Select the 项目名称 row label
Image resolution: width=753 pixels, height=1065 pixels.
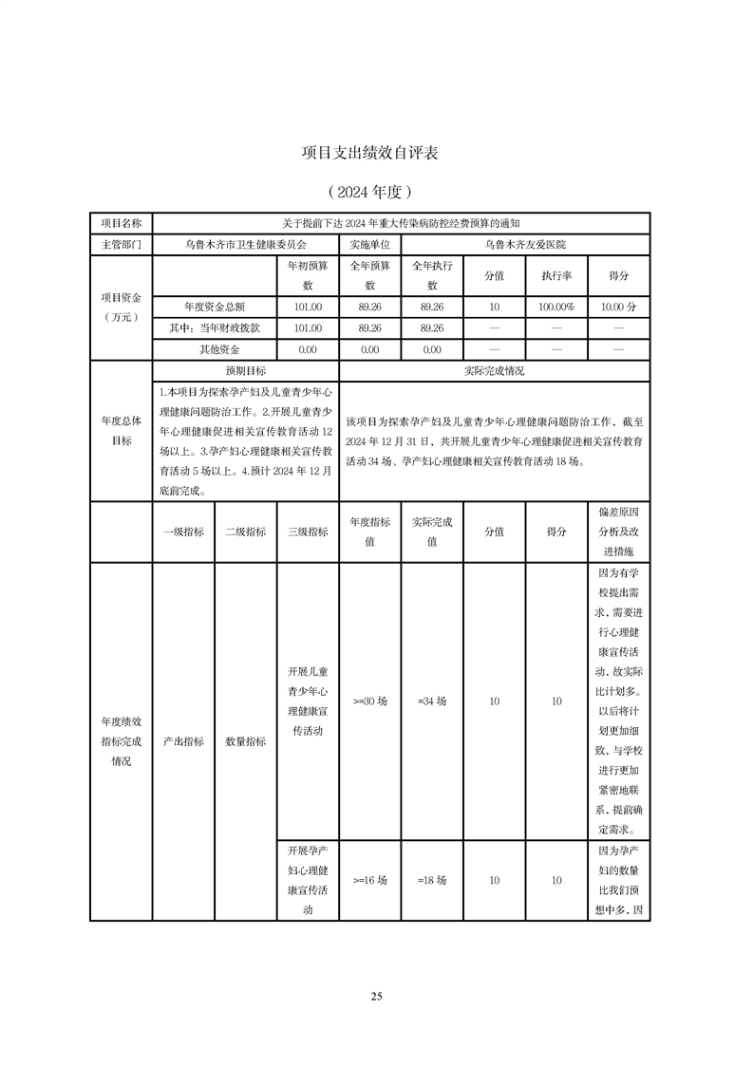(x=121, y=223)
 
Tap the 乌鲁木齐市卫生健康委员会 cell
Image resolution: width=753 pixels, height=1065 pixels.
(x=245, y=244)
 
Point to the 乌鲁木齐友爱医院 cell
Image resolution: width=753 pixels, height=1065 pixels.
(x=525, y=244)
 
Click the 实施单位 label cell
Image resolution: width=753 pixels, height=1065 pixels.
(x=369, y=244)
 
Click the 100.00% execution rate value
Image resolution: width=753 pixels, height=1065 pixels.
(x=555, y=307)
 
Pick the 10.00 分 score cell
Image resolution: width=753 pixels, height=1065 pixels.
(x=618, y=307)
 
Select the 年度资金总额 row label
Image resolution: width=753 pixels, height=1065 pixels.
(x=215, y=307)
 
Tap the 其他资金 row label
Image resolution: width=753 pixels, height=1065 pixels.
(x=215, y=349)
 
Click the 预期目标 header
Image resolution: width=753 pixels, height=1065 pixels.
(x=245, y=371)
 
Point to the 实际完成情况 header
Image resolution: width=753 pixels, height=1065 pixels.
(x=494, y=371)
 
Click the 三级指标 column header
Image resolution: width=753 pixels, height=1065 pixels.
(x=308, y=532)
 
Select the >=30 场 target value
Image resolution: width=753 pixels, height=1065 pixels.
(x=369, y=701)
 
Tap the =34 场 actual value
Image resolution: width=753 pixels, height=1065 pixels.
(x=431, y=701)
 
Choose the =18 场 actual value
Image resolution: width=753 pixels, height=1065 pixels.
(x=431, y=880)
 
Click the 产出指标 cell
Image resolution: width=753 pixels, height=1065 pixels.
(x=183, y=741)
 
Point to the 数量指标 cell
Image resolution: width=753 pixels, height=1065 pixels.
(x=245, y=741)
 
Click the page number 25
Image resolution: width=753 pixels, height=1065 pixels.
(x=376, y=996)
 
